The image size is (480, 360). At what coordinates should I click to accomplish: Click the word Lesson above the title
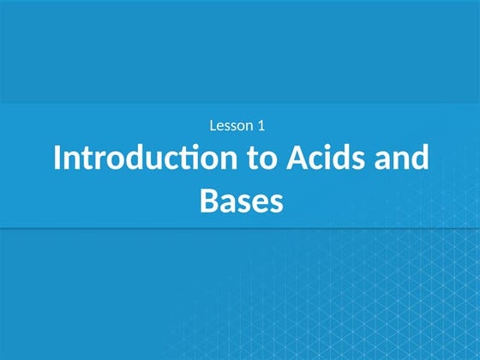(231, 126)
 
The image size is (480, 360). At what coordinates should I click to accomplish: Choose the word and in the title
(405, 159)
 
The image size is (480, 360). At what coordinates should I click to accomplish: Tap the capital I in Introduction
(57, 159)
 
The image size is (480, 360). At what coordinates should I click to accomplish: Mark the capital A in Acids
(309, 159)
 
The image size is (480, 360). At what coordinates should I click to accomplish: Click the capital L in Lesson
(213, 126)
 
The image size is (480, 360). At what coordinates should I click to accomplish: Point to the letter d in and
(420, 159)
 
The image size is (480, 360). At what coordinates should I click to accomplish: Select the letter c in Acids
(329, 160)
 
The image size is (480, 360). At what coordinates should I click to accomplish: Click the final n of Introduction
(241, 161)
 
